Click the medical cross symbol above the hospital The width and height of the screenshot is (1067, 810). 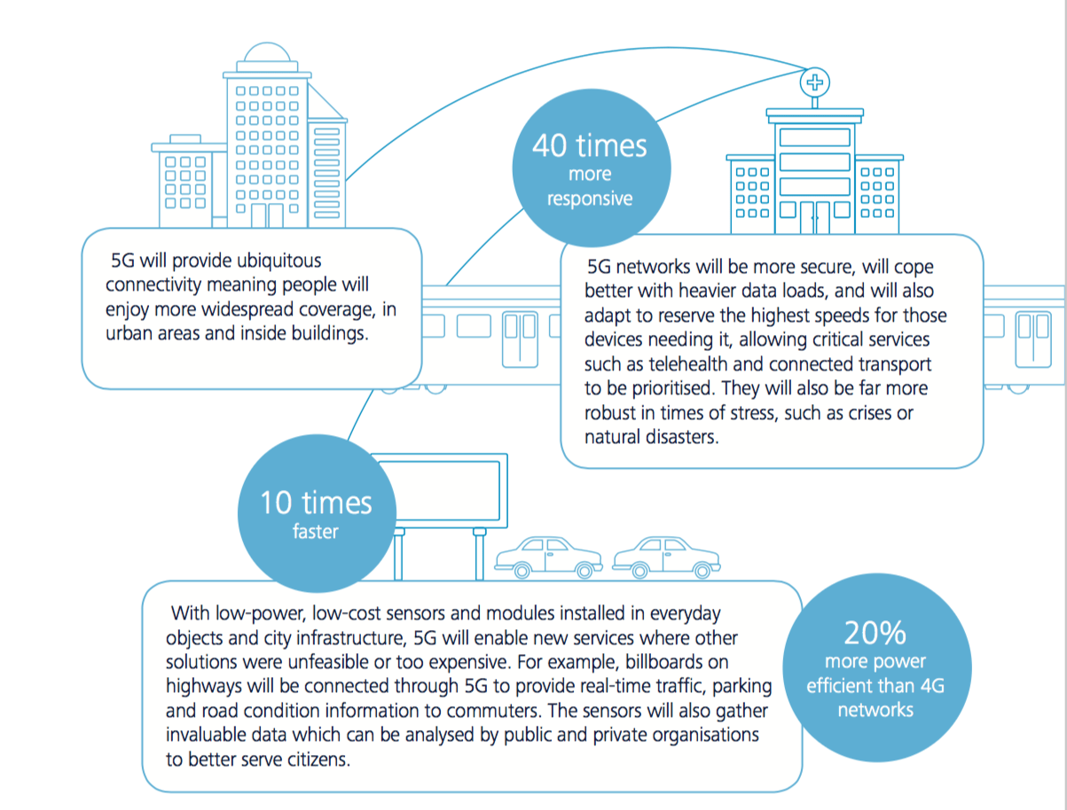[815, 82]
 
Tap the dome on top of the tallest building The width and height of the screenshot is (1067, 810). [267, 52]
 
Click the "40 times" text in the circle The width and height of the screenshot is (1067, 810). [590, 145]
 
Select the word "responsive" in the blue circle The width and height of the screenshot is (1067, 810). [590, 199]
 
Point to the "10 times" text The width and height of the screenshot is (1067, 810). [316, 502]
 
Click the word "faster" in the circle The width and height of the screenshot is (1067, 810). [316, 532]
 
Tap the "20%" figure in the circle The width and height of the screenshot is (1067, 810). [875, 633]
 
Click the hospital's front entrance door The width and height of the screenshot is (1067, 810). [815, 217]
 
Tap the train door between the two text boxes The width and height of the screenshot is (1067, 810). [520, 339]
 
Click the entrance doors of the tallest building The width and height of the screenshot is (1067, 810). [267, 215]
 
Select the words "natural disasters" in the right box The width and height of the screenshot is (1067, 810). [651, 437]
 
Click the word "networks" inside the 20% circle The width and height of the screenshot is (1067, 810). [875, 710]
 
